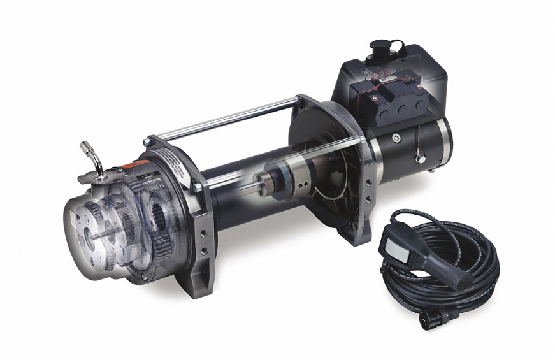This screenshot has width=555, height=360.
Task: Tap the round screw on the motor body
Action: (x=396, y=136)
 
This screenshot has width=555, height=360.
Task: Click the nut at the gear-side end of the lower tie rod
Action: (x=199, y=187)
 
